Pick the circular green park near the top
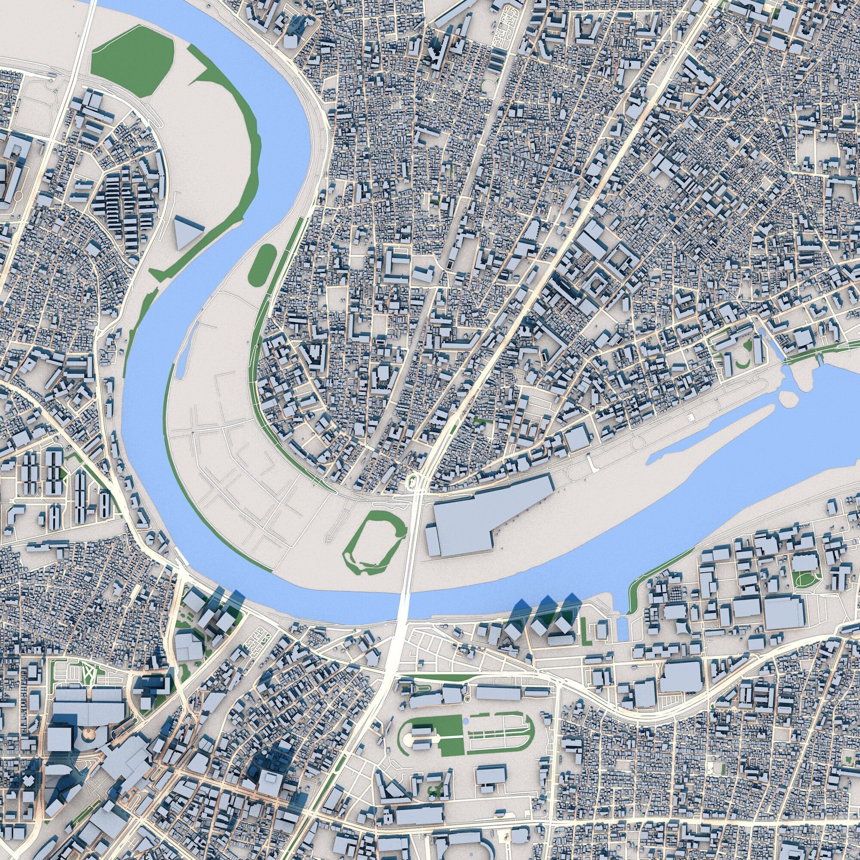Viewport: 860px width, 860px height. [x=489, y=85]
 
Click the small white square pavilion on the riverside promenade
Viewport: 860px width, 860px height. [x=690, y=418]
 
